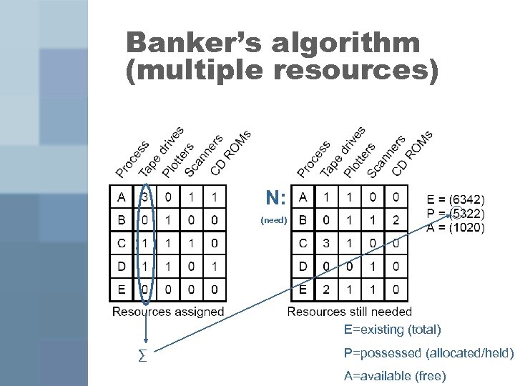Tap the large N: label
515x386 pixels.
click(x=276, y=197)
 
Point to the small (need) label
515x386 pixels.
click(x=274, y=220)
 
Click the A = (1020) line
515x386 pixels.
click(x=456, y=228)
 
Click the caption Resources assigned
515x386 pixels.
click(x=168, y=312)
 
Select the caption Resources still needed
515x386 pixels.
click(x=349, y=312)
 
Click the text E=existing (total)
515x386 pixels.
click(x=392, y=330)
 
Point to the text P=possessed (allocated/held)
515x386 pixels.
click(x=428, y=352)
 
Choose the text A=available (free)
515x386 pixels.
click(x=394, y=375)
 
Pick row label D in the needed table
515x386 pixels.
click(x=303, y=267)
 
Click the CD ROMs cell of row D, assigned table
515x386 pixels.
click(x=214, y=267)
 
